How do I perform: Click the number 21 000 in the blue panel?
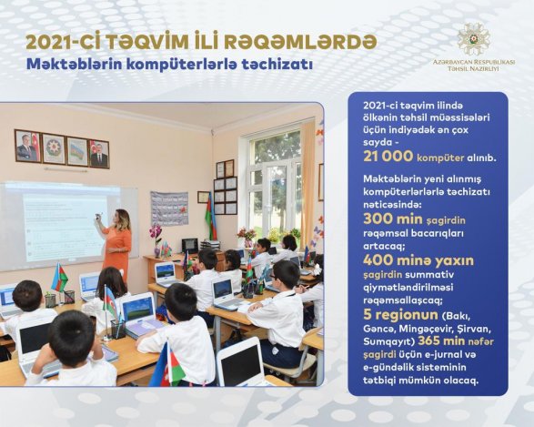[x=388, y=157]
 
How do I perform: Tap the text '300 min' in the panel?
[x=393, y=219]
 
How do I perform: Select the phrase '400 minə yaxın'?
[x=418, y=260]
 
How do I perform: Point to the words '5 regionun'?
[x=400, y=315]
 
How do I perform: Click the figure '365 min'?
[x=441, y=341]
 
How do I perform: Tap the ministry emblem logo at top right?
[x=474, y=39]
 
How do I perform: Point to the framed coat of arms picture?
[x=54, y=148]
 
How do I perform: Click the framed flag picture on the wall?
[x=77, y=151]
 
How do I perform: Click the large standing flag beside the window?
[x=211, y=217]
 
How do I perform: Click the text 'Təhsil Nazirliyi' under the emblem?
[x=473, y=69]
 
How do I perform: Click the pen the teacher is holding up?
[x=98, y=216]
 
